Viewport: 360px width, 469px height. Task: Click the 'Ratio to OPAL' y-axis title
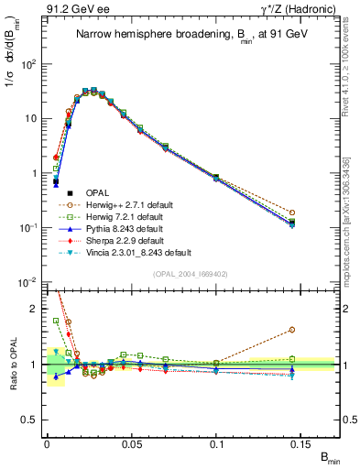pyautogui.click(x=11, y=364)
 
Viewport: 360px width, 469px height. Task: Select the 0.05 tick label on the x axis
pyautogui.click(x=132, y=443)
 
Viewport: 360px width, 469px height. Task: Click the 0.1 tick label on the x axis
pyautogui.click(x=217, y=443)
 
